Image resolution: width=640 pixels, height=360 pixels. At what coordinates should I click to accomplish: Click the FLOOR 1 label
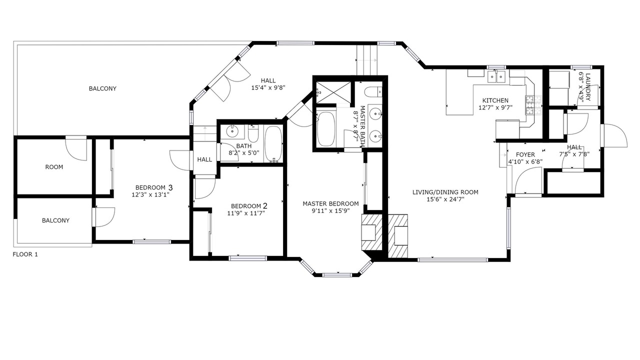[25, 254]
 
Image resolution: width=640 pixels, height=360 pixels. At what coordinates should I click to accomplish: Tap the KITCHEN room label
[495, 100]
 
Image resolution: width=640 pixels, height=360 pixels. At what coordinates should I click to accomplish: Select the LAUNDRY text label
[587, 87]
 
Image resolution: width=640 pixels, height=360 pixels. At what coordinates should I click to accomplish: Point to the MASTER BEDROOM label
[330, 203]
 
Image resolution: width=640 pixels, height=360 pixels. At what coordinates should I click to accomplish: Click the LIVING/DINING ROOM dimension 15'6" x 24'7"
[445, 199]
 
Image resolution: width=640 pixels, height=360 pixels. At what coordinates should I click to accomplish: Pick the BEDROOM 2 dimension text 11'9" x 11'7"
[246, 213]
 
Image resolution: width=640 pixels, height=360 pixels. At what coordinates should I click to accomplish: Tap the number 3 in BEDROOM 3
[170, 187]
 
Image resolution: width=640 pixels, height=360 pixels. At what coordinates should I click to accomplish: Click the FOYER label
[525, 154]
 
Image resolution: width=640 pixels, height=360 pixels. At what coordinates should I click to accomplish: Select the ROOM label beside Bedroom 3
[54, 167]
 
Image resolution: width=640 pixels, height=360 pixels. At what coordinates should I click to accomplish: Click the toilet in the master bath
[373, 91]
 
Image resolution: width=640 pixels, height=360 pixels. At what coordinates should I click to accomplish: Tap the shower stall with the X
[333, 93]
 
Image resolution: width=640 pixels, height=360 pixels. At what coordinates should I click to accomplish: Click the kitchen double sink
[496, 76]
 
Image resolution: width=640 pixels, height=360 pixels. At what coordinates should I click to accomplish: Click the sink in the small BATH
[232, 131]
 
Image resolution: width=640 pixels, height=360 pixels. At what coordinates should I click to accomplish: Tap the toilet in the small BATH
[253, 133]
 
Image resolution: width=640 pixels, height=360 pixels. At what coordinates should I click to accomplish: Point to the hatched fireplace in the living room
[397, 236]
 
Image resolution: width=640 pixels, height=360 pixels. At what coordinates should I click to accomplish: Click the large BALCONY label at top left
[102, 88]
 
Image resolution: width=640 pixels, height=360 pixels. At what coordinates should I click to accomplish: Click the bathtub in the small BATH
[273, 144]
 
